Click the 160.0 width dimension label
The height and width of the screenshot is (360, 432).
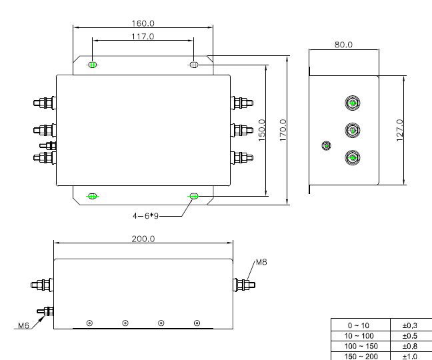click(143, 23)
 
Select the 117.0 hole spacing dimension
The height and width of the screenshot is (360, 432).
click(143, 37)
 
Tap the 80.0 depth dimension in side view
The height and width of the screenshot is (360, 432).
click(343, 45)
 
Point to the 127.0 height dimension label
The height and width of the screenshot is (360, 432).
click(399, 130)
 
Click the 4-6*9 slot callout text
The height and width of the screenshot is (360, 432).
click(147, 215)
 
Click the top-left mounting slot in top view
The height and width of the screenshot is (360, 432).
click(93, 65)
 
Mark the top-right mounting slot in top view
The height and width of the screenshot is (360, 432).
click(194, 65)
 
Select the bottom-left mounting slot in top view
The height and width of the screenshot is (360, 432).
click(93, 196)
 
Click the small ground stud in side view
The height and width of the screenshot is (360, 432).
click(327, 145)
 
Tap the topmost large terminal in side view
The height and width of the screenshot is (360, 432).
click(351, 103)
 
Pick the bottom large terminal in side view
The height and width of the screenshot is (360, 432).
click(351, 157)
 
